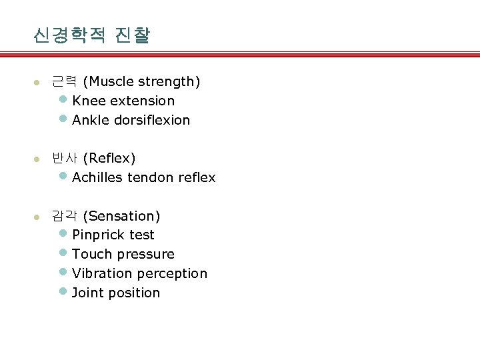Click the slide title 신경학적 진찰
(91, 35)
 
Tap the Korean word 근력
(65, 81)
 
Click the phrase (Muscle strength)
(142, 81)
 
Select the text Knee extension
(123, 101)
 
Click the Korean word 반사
(65, 158)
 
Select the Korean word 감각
(65, 216)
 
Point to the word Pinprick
(98, 235)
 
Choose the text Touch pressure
(123, 254)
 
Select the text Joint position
(116, 293)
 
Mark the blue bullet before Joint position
(63, 291)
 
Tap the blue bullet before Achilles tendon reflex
(63, 177)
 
